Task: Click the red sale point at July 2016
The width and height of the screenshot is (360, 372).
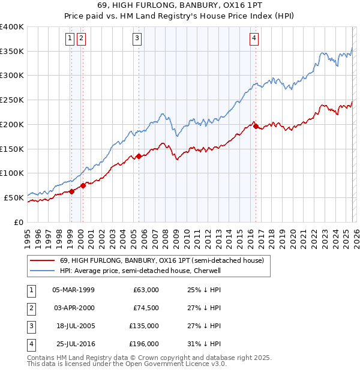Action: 256,127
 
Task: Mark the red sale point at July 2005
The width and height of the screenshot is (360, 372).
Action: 139,156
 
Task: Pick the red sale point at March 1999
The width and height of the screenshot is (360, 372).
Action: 71,191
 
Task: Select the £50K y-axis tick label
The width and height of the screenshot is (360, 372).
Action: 14,197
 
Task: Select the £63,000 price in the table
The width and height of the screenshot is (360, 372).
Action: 146,290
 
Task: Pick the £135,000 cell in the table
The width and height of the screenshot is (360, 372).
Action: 145,326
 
